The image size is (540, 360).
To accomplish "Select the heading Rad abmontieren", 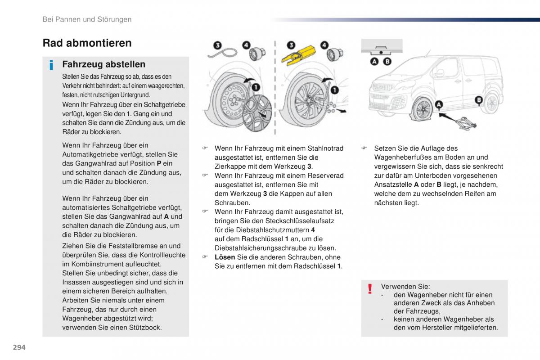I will point(87,43).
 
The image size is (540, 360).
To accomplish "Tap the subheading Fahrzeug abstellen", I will point(103,64).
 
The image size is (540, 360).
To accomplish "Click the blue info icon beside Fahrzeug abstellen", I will point(52,65).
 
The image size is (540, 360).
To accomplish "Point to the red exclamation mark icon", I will point(369,289).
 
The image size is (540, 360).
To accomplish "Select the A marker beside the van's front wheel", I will point(438,105).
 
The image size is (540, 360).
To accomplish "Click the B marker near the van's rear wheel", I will point(479,99).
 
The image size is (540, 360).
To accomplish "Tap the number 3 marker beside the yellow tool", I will point(291,45).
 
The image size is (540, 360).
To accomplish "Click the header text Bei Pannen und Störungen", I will point(87,19).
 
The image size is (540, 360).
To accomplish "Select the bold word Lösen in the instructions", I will point(225,257).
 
